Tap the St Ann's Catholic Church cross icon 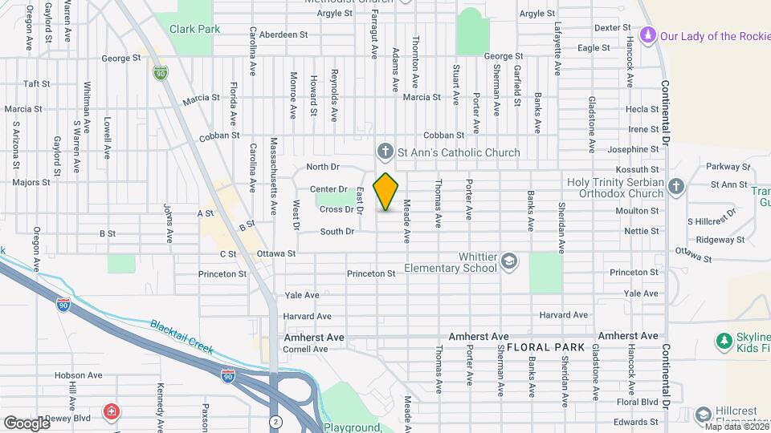point(385,152)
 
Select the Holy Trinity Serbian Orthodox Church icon point(676,187)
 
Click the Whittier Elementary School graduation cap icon point(508,261)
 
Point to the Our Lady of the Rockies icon point(648,36)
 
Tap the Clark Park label point(194,29)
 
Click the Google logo point(27,423)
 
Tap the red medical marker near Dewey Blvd point(111,412)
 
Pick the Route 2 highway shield point(276,420)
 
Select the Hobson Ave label point(78,374)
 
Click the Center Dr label point(327,190)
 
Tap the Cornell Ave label point(305,349)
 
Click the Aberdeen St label point(283,34)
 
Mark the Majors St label point(31,182)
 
